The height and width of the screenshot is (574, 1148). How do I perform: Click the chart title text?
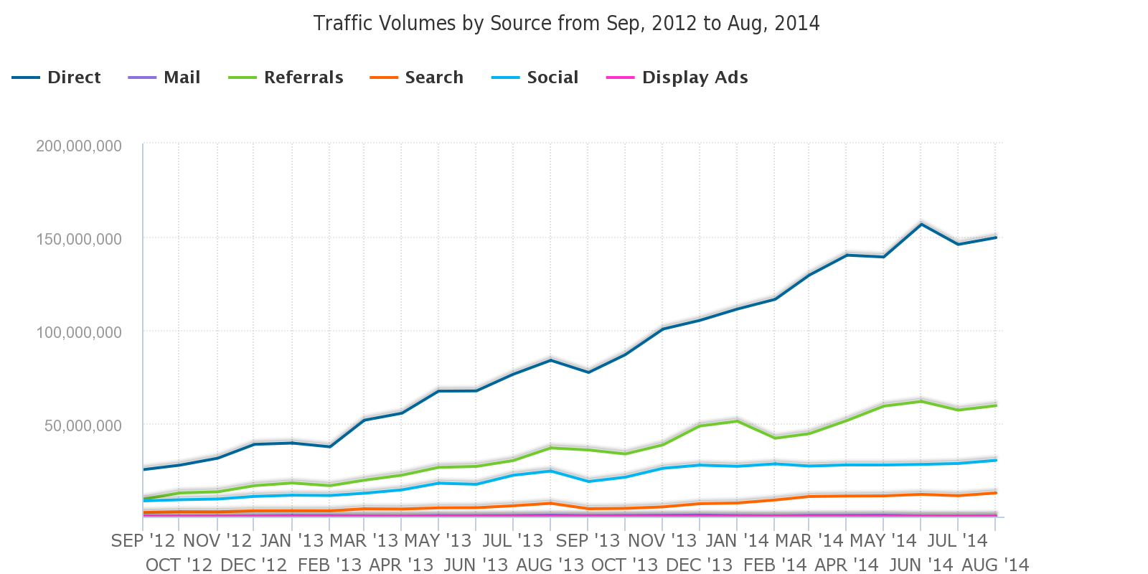pyautogui.click(x=566, y=24)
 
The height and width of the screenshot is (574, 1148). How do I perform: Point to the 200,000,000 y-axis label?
pyautogui.click(x=79, y=146)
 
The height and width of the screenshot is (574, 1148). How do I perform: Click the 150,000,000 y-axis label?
pyautogui.click(x=79, y=239)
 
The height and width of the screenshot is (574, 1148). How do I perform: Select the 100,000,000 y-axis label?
pyautogui.click(x=79, y=332)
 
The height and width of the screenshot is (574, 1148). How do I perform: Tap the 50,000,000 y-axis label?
pyautogui.click(x=83, y=425)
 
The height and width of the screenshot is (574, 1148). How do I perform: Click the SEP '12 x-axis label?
pyautogui.click(x=143, y=541)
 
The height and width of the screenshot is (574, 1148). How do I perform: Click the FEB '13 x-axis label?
pyautogui.click(x=329, y=565)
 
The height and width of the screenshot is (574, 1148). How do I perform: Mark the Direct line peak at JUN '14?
pyautogui.click(x=921, y=224)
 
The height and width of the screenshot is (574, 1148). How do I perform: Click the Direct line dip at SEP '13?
pyautogui.click(x=588, y=372)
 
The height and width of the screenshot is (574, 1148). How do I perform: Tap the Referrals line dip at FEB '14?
pyautogui.click(x=774, y=438)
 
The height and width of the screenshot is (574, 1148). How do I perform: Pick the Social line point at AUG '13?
pyautogui.click(x=550, y=471)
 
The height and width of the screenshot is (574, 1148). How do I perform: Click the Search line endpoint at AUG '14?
pyautogui.click(x=996, y=493)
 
